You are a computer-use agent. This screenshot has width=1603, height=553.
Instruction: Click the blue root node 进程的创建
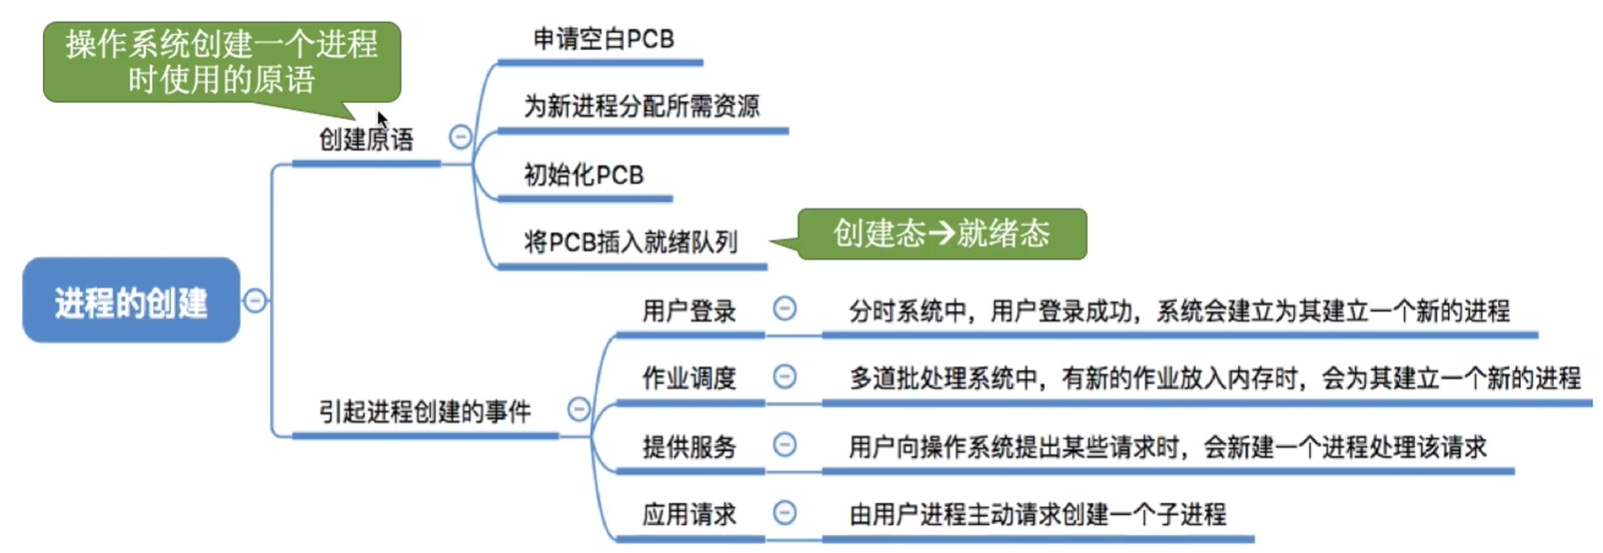pos(131,301)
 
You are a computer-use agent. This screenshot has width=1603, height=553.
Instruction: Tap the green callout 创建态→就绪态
pos(941,233)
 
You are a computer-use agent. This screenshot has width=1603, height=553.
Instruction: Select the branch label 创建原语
pos(366,139)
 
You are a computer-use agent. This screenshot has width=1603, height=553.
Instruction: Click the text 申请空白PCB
pos(604,40)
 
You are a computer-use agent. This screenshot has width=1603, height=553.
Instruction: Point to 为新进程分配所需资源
pos(641,107)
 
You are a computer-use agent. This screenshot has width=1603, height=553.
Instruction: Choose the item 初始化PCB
pos(583,174)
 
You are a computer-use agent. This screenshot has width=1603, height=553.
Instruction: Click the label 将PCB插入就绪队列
pos(630,241)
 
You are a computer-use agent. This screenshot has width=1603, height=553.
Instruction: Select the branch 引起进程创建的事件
pos(425,411)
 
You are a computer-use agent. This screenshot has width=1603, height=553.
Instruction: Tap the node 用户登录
pos(689,311)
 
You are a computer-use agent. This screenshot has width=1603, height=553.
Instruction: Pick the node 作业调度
pos(689,379)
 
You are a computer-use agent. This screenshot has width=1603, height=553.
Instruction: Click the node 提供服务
pos(689,446)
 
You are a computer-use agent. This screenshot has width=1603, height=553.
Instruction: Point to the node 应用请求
pos(689,514)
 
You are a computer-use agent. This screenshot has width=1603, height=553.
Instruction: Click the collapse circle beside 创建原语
pos(460,137)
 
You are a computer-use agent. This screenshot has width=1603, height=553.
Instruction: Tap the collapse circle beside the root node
pos(255,301)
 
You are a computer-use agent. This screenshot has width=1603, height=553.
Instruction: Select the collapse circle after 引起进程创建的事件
pos(579,409)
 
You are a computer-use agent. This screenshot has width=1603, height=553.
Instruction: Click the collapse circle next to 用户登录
pos(785,309)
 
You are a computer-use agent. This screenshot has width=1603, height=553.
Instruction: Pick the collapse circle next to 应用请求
pos(785,512)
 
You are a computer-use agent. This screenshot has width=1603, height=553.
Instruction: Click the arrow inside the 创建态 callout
pos(941,233)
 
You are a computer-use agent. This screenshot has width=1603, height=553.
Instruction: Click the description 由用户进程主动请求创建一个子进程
pos(1037,514)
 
